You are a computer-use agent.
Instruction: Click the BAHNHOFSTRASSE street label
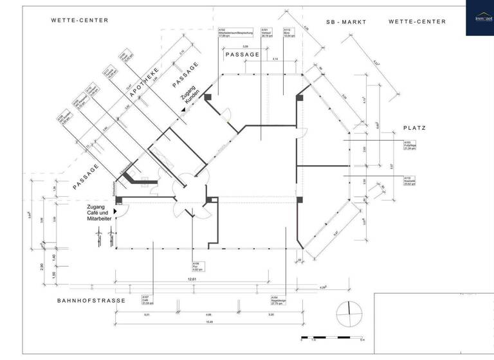click(89, 300)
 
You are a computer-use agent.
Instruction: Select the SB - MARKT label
click(345, 22)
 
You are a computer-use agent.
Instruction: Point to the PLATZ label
click(414, 128)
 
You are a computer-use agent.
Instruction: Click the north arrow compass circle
click(349, 313)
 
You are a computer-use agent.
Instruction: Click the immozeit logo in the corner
click(479, 18)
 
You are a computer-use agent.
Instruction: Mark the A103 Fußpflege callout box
click(412, 145)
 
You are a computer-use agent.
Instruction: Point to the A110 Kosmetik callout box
click(412, 179)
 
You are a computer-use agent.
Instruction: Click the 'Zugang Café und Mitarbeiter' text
click(100, 213)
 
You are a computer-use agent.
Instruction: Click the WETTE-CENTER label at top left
click(80, 21)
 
